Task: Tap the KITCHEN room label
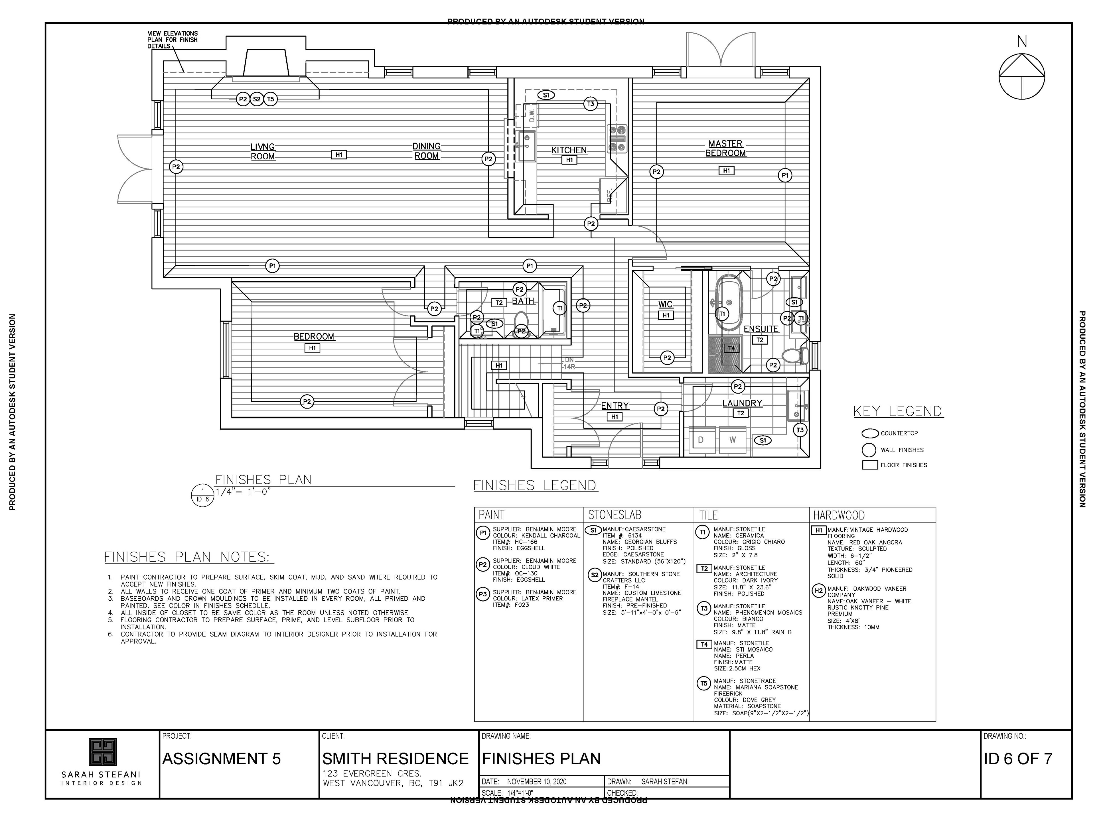(569, 150)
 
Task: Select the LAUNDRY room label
(742, 403)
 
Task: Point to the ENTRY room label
(615, 406)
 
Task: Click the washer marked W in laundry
(733, 440)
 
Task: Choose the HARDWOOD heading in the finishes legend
(839, 515)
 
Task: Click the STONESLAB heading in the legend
(614, 515)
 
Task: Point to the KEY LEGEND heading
(898, 411)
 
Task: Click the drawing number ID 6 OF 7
(1018, 759)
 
